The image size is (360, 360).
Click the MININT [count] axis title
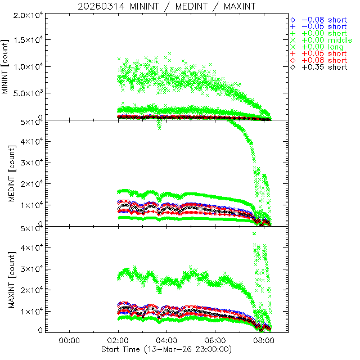coord(6,67)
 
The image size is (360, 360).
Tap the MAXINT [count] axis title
coord(6,280)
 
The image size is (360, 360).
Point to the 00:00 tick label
coord(69,340)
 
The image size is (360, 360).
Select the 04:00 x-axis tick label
coord(166,340)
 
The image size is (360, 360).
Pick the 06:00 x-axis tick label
coord(215,340)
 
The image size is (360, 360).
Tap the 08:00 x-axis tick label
coord(264,340)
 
